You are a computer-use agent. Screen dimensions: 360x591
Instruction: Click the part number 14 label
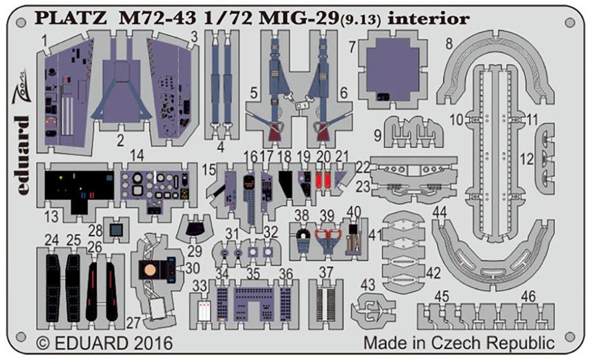[x=137, y=156]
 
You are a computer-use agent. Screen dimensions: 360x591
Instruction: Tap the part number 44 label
[x=439, y=212]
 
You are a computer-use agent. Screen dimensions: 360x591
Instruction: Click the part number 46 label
[x=528, y=296]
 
